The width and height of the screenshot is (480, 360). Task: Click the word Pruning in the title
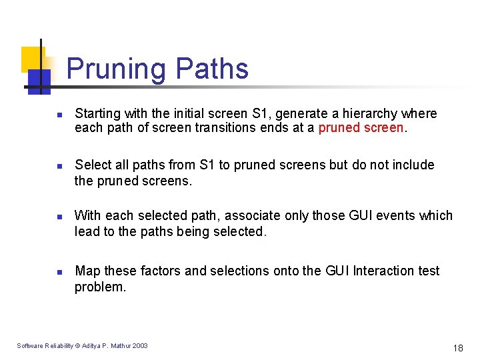(x=117, y=69)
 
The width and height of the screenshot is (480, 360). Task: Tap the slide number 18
(x=457, y=347)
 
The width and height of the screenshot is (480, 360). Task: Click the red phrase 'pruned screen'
(x=361, y=127)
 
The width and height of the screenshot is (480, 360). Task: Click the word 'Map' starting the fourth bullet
(x=87, y=271)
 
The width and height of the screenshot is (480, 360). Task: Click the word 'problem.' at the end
(x=100, y=287)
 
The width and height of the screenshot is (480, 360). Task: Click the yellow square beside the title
(x=31, y=59)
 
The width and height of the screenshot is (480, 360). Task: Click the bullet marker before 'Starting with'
(x=59, y=115)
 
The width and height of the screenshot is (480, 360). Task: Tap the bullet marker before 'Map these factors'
(x=59, y=272)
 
